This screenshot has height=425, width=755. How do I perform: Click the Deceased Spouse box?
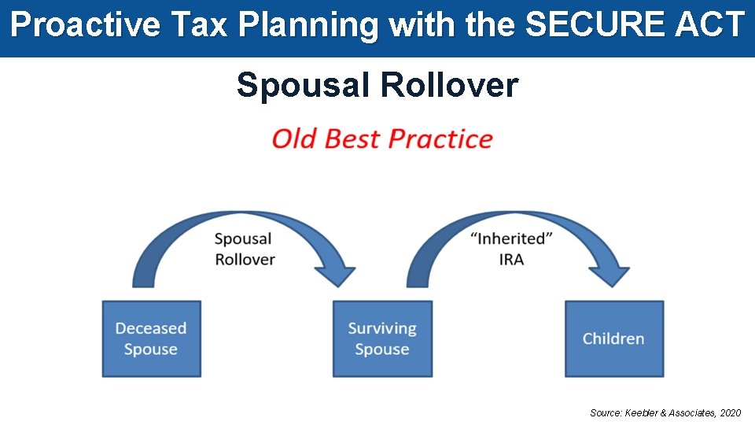(151, 338)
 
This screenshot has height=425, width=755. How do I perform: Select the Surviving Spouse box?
(382, 338)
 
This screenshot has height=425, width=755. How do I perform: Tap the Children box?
(613, 338)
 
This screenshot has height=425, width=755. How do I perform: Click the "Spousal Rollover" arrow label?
(244, 249)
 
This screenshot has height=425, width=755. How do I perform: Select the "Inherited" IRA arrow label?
(510, 249)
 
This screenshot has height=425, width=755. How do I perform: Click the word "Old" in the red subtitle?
(295, 139)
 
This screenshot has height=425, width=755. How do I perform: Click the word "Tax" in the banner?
(190, 25)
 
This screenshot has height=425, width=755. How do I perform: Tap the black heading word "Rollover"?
(449, 85)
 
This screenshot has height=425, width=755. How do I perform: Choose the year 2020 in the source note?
(730, 412)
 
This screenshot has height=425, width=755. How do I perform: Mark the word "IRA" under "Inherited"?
(510, 259)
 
